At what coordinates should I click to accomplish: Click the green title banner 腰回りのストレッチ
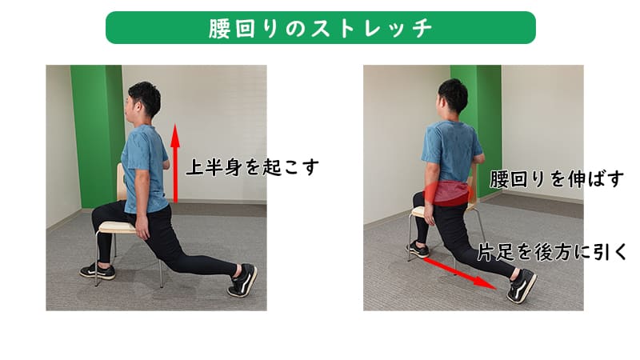[x=320, y=27]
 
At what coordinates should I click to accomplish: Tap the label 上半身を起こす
[x=253, y=168]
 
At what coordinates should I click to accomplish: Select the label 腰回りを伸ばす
[x=556, y=178]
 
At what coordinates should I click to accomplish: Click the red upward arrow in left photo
[x=175, y=164]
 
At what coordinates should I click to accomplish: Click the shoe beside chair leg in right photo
[x=418, y=250]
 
